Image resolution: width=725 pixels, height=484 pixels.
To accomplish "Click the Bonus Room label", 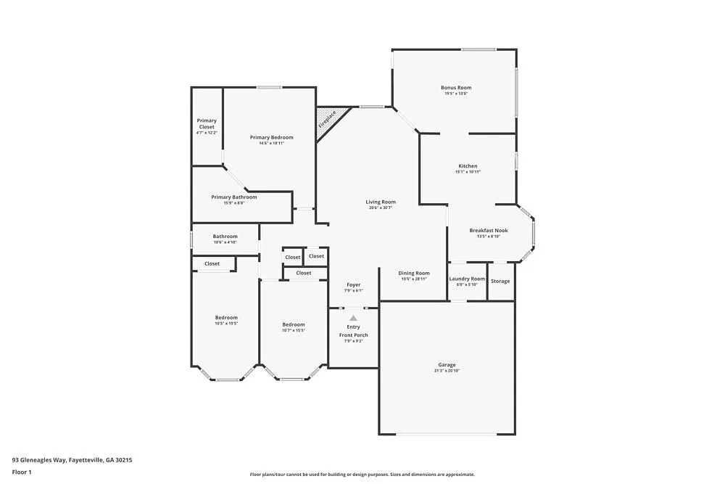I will pos(456,88).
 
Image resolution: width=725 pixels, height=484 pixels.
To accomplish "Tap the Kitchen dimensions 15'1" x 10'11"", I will pos(468,172).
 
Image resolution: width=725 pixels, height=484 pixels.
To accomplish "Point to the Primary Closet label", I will pos(207,124).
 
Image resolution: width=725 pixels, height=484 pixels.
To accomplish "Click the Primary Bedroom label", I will pos(272,137).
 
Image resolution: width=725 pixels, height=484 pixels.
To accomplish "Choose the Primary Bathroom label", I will pos(234,197).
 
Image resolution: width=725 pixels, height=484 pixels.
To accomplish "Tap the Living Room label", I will pos(381,202).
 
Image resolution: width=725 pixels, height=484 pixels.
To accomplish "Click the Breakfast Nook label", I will pos(489,231).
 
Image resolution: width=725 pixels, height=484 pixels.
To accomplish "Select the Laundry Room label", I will pos(467,279).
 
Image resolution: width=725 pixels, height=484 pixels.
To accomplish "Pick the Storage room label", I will pos(500,281).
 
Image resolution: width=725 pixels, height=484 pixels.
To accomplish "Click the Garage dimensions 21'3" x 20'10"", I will pos(447,371).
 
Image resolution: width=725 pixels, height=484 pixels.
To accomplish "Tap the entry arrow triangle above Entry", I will pos(353,318).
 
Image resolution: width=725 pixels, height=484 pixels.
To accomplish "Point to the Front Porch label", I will pos(354,335).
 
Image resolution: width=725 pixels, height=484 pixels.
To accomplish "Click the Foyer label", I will pos(353,284).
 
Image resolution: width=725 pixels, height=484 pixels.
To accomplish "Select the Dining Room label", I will pos(414,274).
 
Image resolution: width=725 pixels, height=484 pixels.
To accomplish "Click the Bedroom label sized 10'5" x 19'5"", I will pos(226,318).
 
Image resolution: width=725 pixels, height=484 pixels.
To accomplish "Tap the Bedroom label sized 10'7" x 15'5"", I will pos(294,324).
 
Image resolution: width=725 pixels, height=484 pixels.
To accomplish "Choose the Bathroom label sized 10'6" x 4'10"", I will pos(225,236).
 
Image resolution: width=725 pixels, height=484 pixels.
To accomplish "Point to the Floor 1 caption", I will pos(22,472).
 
